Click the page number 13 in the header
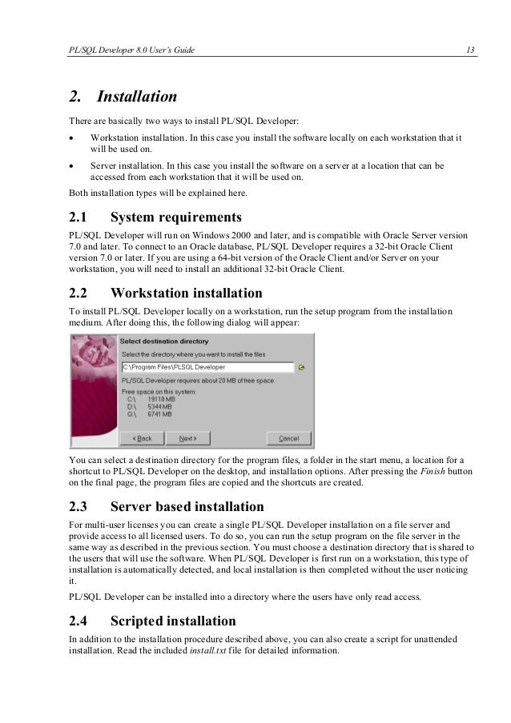(470, 50)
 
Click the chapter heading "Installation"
(137, 97)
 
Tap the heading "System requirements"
(176, 217)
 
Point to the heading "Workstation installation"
(187, 293)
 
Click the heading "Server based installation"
(187, 506)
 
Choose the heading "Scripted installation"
(173, 621)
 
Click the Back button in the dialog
(142, 438)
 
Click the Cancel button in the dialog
(288, 438)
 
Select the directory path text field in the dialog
(207, 367)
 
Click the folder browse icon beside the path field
(301, 368)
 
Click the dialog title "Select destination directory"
(163, 342)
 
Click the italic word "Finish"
(433, 472)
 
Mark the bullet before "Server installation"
(72, 166)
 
